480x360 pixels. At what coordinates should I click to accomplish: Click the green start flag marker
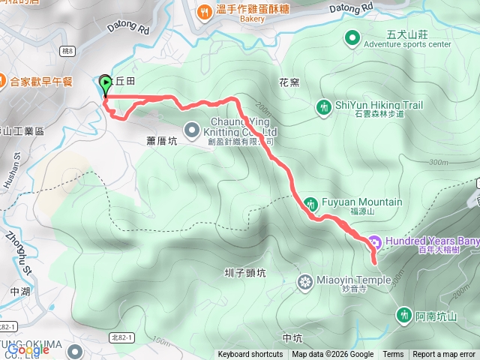(x=105, y=84)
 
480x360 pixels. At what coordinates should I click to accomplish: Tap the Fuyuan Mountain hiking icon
(x=311, y=203)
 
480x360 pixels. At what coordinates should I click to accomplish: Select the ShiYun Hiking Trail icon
(x=323, y=106)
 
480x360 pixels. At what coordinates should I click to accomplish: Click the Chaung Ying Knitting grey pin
(x=191, y=128)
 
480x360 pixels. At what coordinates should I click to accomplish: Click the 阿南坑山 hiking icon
(x=405, y=315)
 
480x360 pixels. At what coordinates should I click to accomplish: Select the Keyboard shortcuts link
(x=250, y=355)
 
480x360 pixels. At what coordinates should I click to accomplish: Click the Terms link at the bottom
(x=393, y=355)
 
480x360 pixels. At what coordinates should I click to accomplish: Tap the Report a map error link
(x=444, y=355)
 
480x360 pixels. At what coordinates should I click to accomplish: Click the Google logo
(x=28, y=349)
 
